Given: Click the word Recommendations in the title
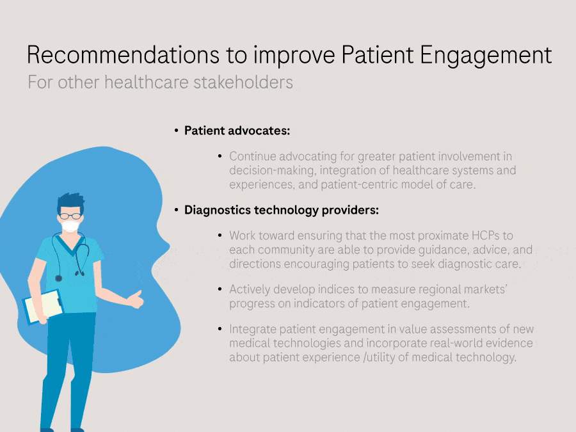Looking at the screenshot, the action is (123, 55).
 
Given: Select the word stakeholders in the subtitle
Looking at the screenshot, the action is (243, 82).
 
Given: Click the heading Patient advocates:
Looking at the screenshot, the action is (237, 131).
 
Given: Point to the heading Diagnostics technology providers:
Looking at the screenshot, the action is (282, 210).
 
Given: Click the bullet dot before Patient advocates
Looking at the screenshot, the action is (177, 131).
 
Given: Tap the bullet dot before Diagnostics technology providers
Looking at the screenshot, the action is (177, 210).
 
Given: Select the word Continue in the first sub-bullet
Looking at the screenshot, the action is (252, 157).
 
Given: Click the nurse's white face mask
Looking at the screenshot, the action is (70, 225).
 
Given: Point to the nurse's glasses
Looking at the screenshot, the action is (70, 216).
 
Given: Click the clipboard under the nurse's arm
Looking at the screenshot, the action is (44, 307).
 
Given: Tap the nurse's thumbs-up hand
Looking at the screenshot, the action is (136, 300).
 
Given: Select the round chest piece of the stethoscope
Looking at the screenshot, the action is (58, 278).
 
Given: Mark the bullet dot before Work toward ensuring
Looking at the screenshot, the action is (220, 236).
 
